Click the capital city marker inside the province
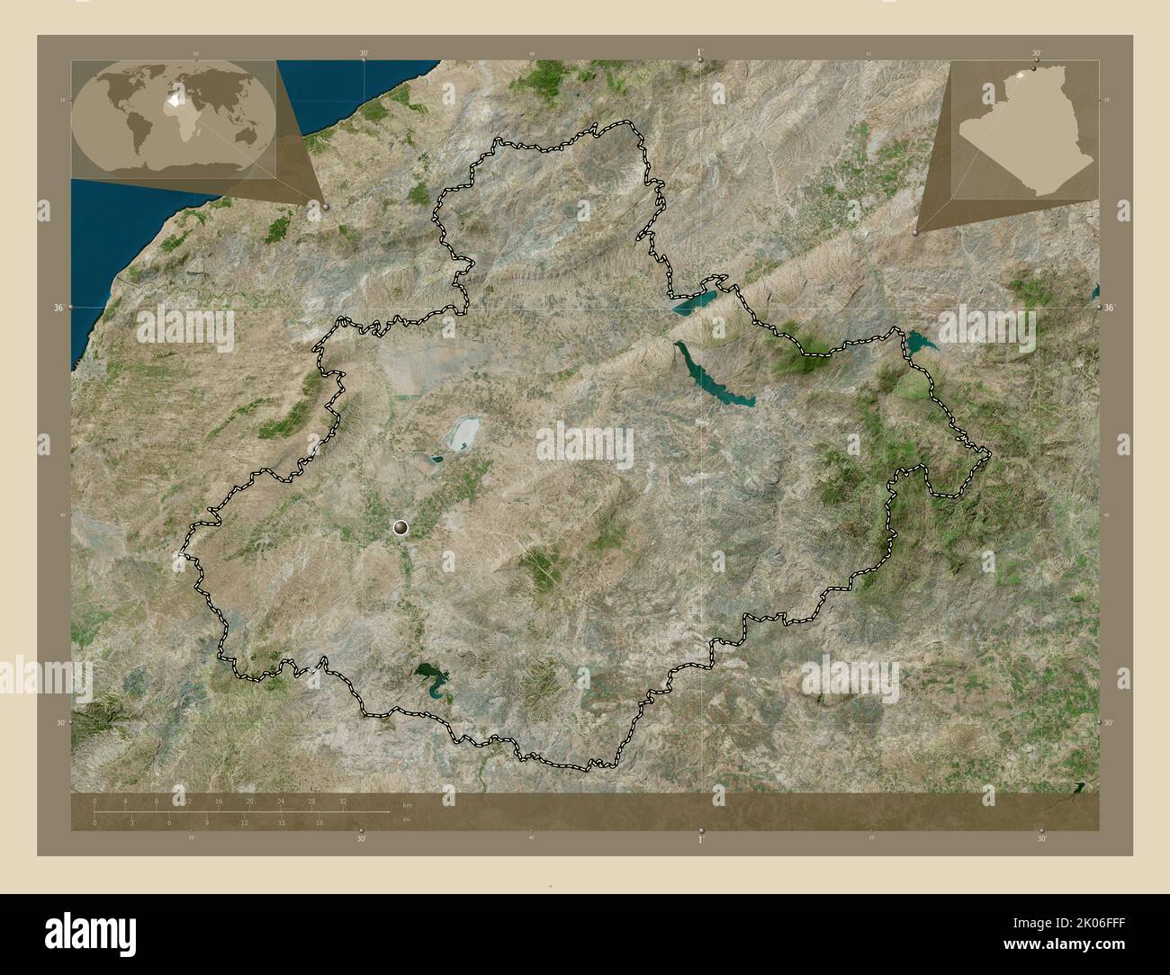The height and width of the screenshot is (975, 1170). (x=400, y=528)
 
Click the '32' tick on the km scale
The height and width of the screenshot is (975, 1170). (x=343, y=801)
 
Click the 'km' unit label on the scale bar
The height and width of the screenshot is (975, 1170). (x=407, y=804)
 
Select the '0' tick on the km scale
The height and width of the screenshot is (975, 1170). (x=94, y=801)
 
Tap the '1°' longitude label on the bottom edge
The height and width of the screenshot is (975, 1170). (x=700, y=839)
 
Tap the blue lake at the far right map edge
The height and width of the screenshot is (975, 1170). (x=1094, y=292)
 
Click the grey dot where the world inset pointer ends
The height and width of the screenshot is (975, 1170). (x=325, y=206)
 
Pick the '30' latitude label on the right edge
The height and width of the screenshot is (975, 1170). (x=1109, y=722)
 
